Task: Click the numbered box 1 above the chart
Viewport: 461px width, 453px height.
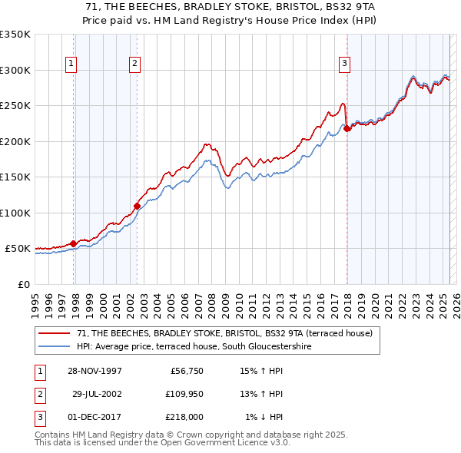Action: coord(71,64)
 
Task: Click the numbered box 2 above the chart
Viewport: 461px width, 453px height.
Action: coord(134,64)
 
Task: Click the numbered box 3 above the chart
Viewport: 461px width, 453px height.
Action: coord(345,64)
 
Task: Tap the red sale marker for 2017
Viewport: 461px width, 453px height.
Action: coord(347,128)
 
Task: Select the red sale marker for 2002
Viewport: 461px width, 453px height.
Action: coord(138,206)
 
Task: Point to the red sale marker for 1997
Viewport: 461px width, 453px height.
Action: coord(74,243)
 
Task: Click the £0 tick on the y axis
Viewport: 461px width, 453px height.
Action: coord(23,284)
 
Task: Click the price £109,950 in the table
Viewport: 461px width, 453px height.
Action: coord(182,394)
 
